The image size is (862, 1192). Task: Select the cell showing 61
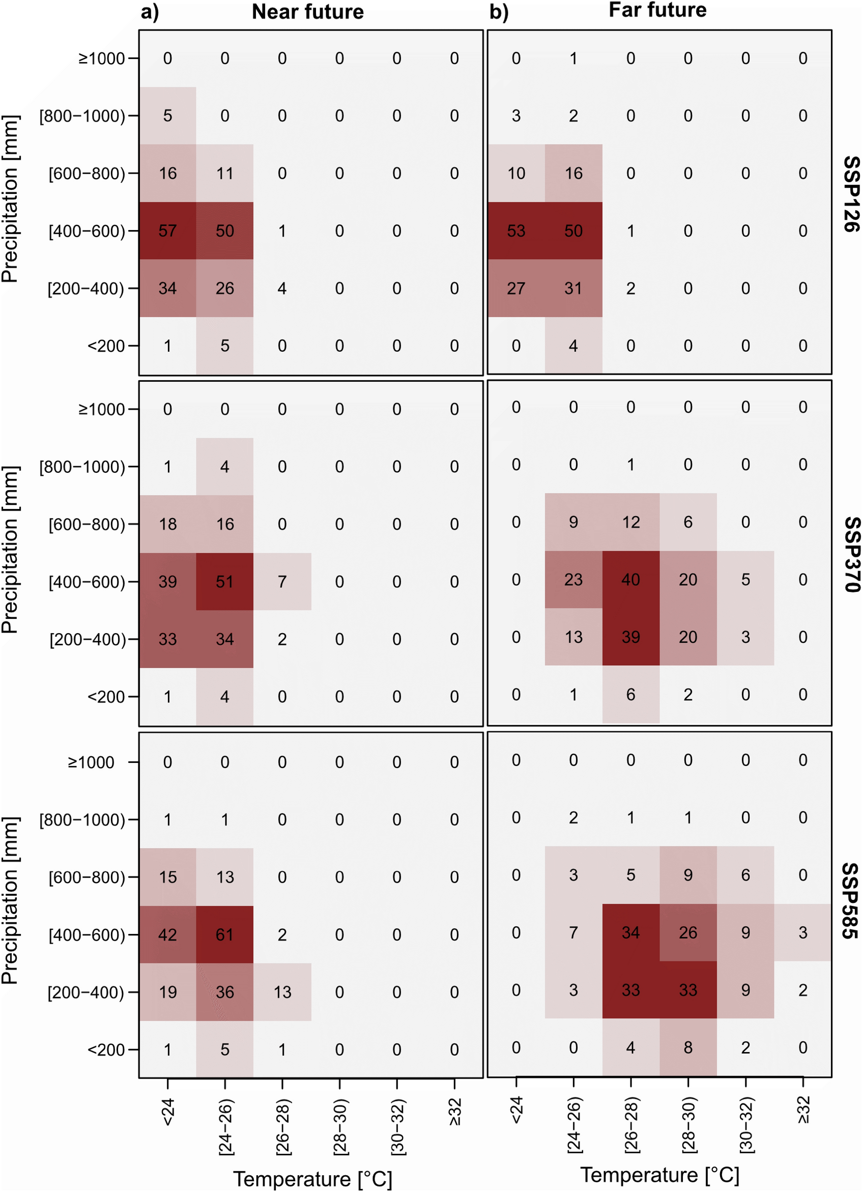tap(224, 934)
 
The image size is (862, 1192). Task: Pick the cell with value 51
tap(224, 582)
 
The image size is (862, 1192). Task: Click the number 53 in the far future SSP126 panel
tap(515, 231)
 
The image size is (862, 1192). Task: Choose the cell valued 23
tap(573, 580)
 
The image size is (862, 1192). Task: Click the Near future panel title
tap(307, 12)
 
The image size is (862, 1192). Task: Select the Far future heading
tap(657, 10)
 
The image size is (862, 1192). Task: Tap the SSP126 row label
tap(850, 194)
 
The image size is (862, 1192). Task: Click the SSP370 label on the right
tap(850, 554)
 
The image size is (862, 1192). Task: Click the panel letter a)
tap(150, 12)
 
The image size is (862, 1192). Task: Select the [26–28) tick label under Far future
tap(631, 1125)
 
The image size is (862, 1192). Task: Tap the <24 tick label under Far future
tap(516, 1110)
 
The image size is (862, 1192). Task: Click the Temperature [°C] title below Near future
tap(313, 1179)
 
